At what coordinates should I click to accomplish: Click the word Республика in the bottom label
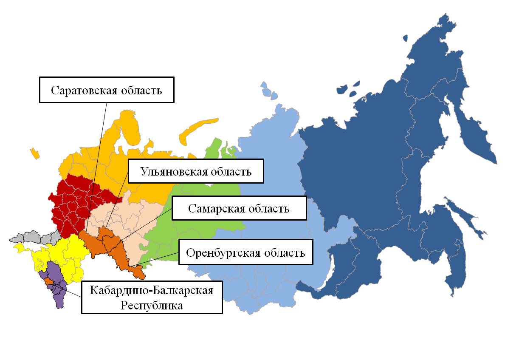click(152, 305)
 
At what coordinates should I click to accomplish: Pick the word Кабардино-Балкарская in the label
click(152, 291)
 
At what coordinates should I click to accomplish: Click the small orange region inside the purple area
click(49, 281)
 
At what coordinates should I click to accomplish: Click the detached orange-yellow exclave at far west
click(35, 153)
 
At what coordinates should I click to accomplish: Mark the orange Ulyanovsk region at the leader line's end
click(103, 232)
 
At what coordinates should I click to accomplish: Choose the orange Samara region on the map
click(113, 243)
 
